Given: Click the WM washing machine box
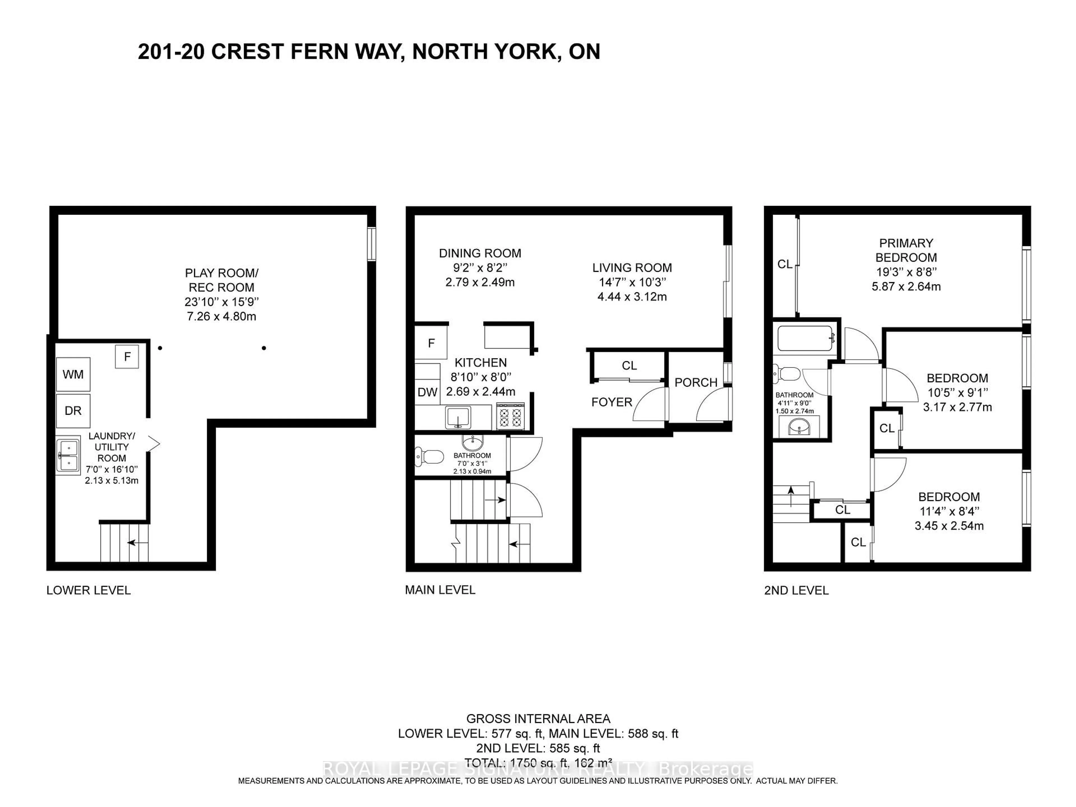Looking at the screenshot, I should point(73,374).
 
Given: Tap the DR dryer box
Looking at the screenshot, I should point(73,411).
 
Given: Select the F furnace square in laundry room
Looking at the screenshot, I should point(127,356).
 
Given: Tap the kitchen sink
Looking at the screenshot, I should point(458,417).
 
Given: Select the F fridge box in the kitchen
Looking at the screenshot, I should point(431,343).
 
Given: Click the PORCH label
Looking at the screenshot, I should point(695,382).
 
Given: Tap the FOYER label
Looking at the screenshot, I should point(611,402).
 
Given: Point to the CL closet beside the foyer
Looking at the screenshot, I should point(629,365).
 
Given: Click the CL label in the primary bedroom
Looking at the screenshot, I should point(785,264).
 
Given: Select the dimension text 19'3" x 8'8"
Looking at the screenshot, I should point(906,272).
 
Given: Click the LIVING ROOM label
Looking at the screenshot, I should point(632,268).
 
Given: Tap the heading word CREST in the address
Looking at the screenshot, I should point(247,52).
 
